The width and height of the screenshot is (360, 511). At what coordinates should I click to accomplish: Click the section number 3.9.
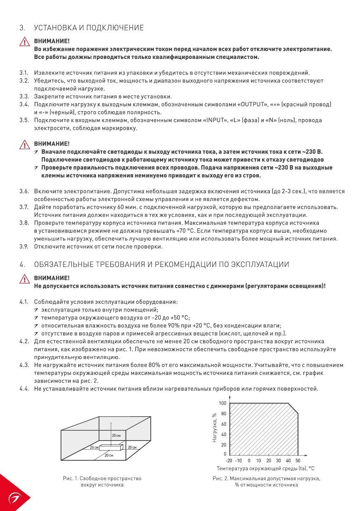click(x=24, y=247)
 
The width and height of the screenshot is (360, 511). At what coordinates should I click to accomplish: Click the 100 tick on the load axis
click(x=222, y=403)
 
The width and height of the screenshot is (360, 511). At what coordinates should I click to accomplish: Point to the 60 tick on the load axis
click(x=224, y=424)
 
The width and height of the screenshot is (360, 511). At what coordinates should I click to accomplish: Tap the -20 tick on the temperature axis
click(x=229, y=460)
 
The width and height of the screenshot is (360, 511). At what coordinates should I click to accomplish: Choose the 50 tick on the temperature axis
click(x=298, y=460)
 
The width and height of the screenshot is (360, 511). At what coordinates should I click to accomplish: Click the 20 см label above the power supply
click(x=116, y=435)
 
